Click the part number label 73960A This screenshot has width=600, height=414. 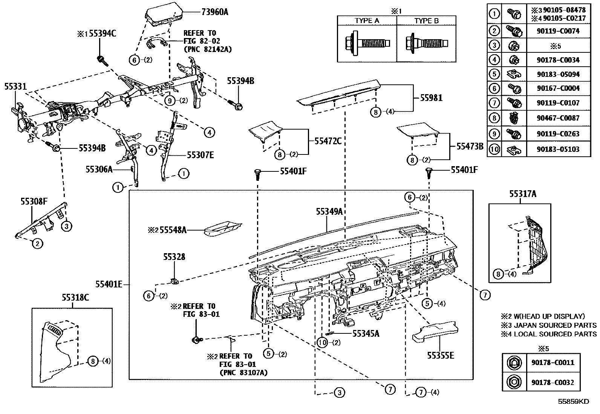pyautogui.click(x=215, y=12)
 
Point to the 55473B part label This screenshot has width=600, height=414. pyautogui.click(x=470, y=146)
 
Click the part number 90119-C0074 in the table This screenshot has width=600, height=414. pyautogui.click(x=558, y=31)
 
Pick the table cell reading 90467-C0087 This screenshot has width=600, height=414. pyautogui.click(x=558, y=118)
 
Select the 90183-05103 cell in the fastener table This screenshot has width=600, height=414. pyautogui.click(x=558, y=149)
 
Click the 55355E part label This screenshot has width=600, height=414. pyautogui.click(x=440, y=355)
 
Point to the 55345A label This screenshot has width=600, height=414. pyautogui.click(x=366, y=333)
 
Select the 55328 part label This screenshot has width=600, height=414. pyautogui.click(x=174, y=257)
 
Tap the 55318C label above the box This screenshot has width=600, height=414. pyautogui.click(x=75, y=298)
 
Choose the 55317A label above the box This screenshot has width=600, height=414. pyautogui.click(x=522, y=194)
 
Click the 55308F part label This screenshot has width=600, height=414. pyautogui.click(x=34, y=202)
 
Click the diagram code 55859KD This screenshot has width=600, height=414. pyautogui.click(x=573, y=402)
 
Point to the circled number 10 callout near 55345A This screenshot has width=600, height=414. pyautogui.click(x=322, y=342)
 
